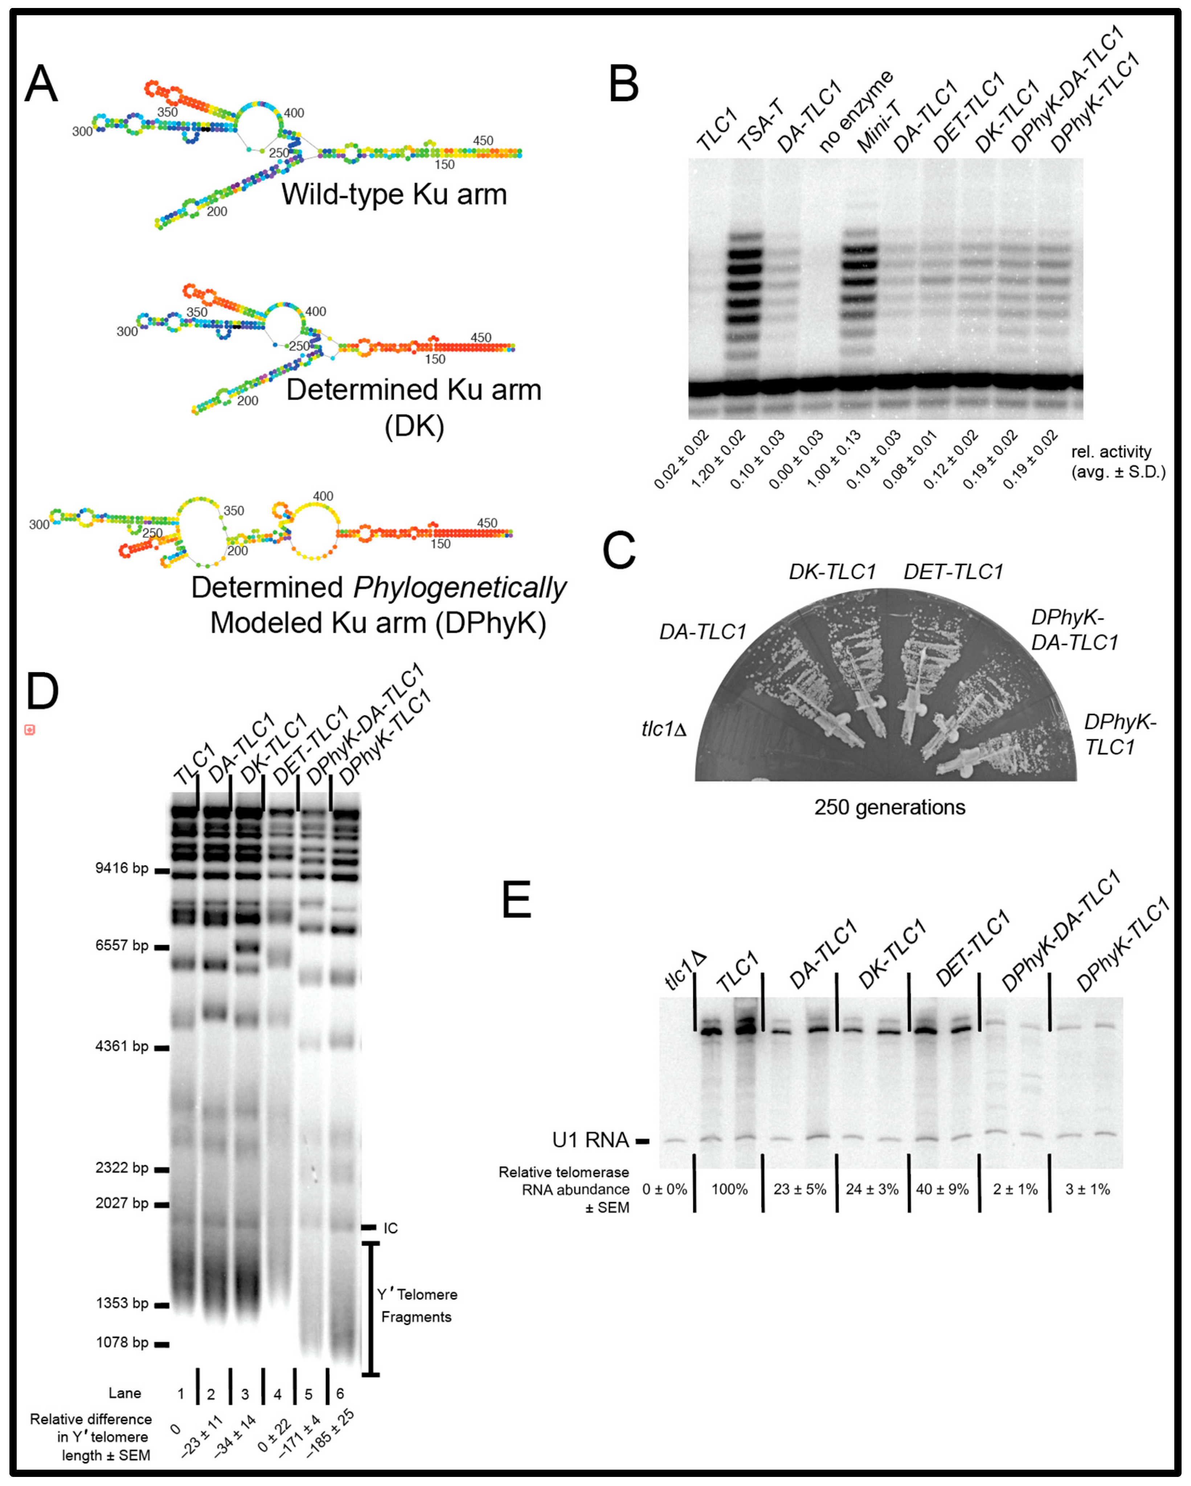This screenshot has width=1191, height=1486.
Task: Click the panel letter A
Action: [x=41, y=84]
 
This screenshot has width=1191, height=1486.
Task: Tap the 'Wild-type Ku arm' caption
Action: [x=394, y=194]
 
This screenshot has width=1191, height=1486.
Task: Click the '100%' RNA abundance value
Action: [x=729, y=1189]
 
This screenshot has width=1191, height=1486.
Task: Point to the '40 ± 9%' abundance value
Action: [x=942, y=1189]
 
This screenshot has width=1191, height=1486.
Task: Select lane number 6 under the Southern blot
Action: [x=340, y=1394]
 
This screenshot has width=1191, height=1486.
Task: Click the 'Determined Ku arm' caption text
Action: [x=414, y=390]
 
